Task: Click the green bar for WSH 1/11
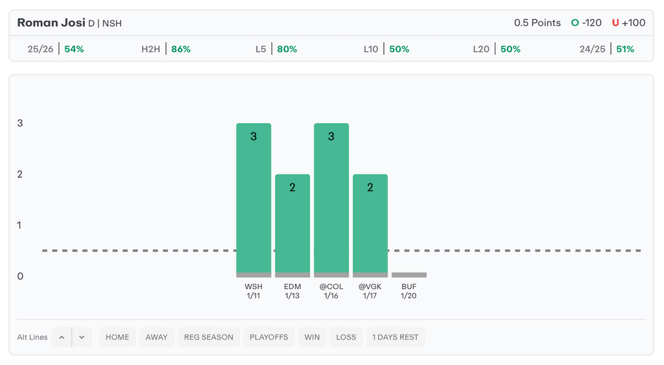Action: click(x=254, y=198)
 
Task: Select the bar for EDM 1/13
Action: click(x=292, y=224)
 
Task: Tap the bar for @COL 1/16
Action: click(x=331, y=198)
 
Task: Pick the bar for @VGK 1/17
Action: click(x=370, y=224)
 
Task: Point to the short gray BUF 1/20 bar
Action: click(x=409, y=275)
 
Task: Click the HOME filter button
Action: click(x=117, y=337)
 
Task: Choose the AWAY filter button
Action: click(x=156, y=337)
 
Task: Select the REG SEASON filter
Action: click(x=209, y=337)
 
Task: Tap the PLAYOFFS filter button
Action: click(x=269, y=337)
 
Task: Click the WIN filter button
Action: click(x=312, y=337)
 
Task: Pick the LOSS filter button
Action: click(x=346, y=337)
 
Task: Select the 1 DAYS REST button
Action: click(x=396, y=337)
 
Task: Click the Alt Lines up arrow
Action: click(x=62, y=337)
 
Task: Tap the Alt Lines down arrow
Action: click(x=82, y=337)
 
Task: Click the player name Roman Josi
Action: click(x=51, y=23)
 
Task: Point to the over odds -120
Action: click(x=591, y=23)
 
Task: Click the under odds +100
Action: click(x=633, y=23)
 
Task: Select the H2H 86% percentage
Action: click(x=181, y=49)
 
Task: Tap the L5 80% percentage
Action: click(x=287, y=49)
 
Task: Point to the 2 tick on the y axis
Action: click(x=20, y=174)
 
